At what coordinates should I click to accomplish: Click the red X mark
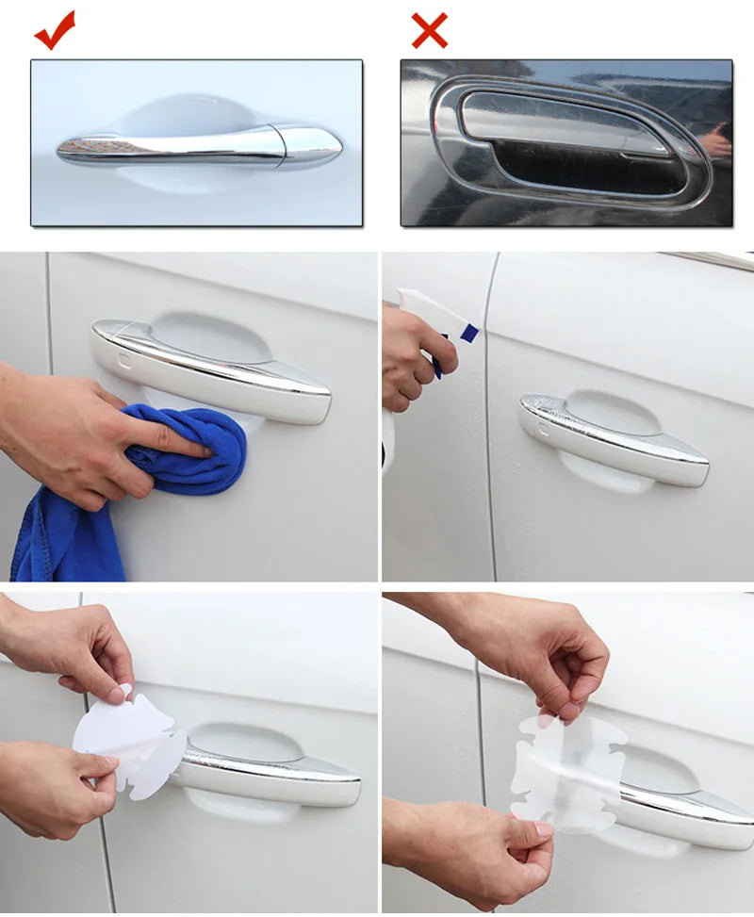point(429,31)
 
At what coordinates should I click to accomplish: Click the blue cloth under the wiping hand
point(203,452)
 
